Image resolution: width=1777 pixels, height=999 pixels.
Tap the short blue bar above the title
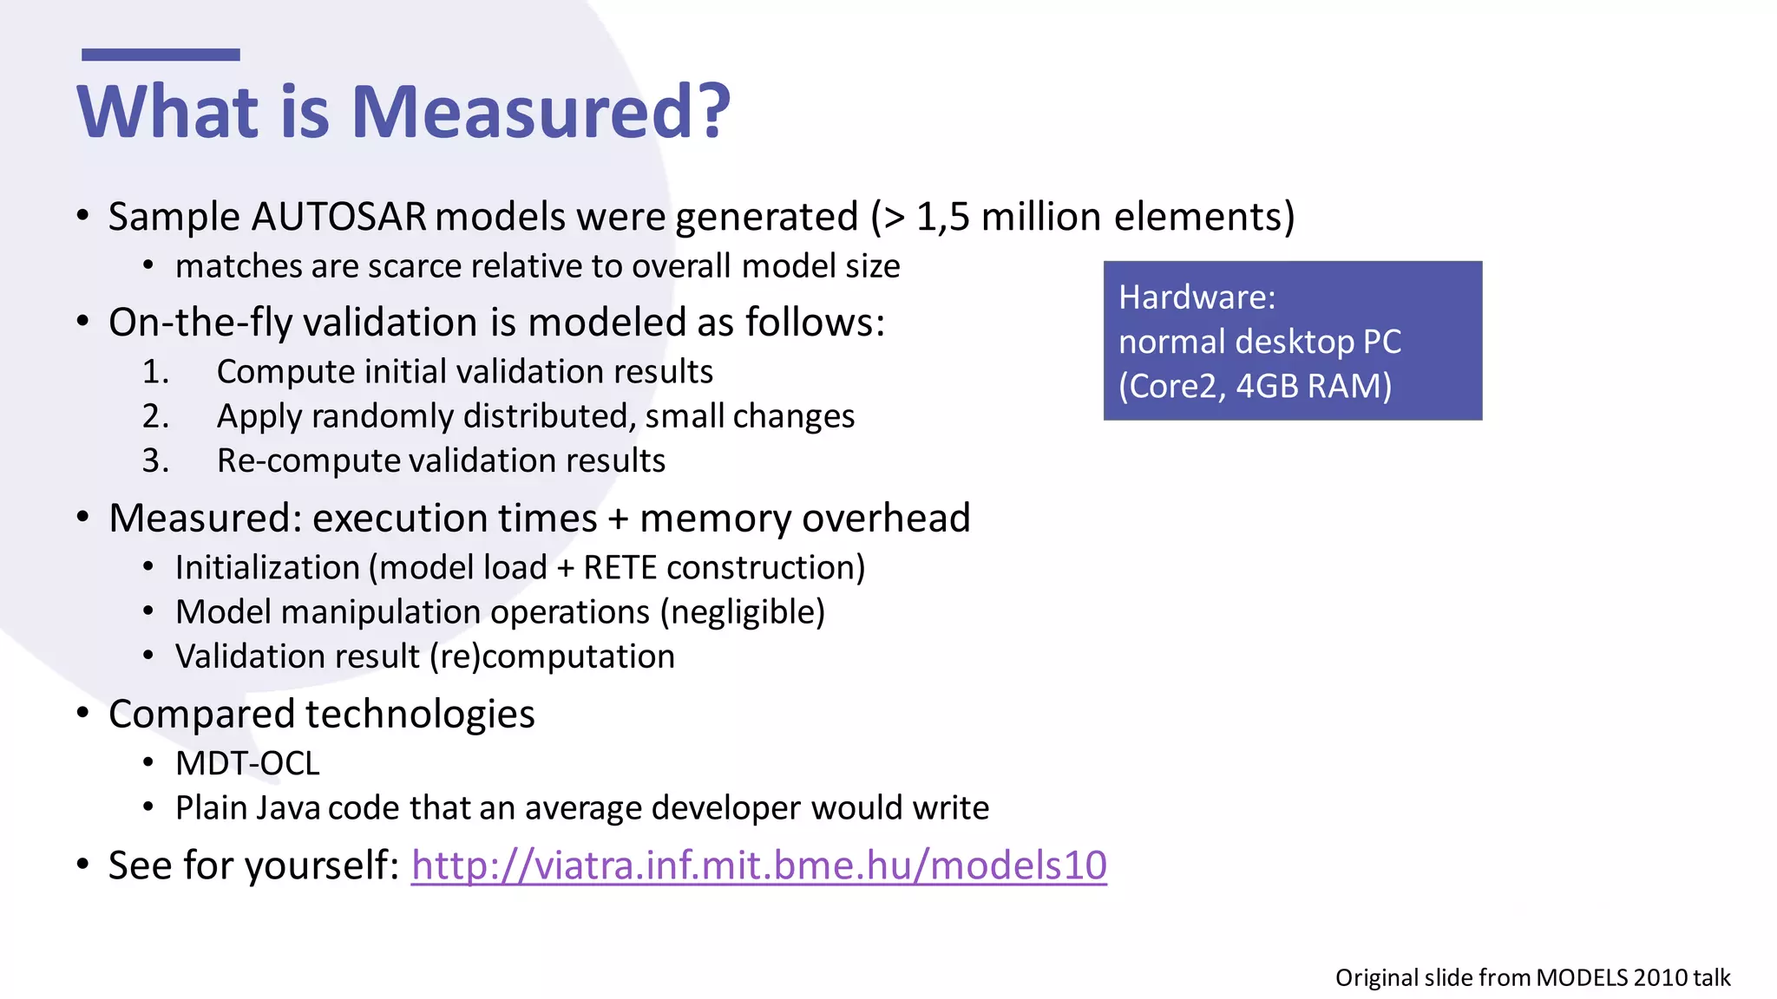161,55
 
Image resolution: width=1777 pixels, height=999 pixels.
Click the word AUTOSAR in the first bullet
338,217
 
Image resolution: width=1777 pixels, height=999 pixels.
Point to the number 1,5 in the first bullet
942,217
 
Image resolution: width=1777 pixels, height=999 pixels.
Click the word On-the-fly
200,323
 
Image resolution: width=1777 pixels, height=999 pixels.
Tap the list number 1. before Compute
156,372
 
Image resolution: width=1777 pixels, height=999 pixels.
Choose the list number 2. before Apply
156,416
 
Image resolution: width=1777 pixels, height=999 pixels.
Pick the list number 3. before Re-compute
156,460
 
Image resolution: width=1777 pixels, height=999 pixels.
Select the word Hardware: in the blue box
1197,297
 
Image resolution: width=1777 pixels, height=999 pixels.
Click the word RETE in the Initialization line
620,568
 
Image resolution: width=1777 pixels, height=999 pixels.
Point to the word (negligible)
743,612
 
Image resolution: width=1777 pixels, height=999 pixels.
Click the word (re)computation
552,656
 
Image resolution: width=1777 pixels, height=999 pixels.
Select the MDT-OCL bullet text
247,764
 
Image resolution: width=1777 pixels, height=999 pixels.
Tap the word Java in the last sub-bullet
288,808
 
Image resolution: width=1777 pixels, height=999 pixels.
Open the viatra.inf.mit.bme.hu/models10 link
758,865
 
